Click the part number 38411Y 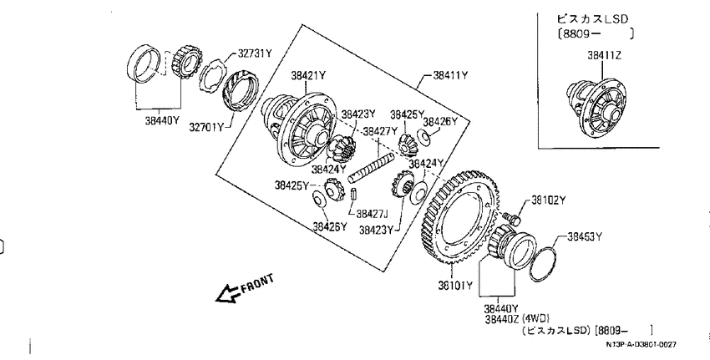tap(450, 76)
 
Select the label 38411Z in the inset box tap(604, 56)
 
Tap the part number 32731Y tap(255, 53)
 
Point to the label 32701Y tap(206, 127)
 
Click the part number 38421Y tap(308, 76)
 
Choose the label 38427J tap(373, 213)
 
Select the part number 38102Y tap(549, 200)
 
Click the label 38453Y tap(585, 236)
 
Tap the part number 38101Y tap(455, 286)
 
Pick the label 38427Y tap(380, 131)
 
